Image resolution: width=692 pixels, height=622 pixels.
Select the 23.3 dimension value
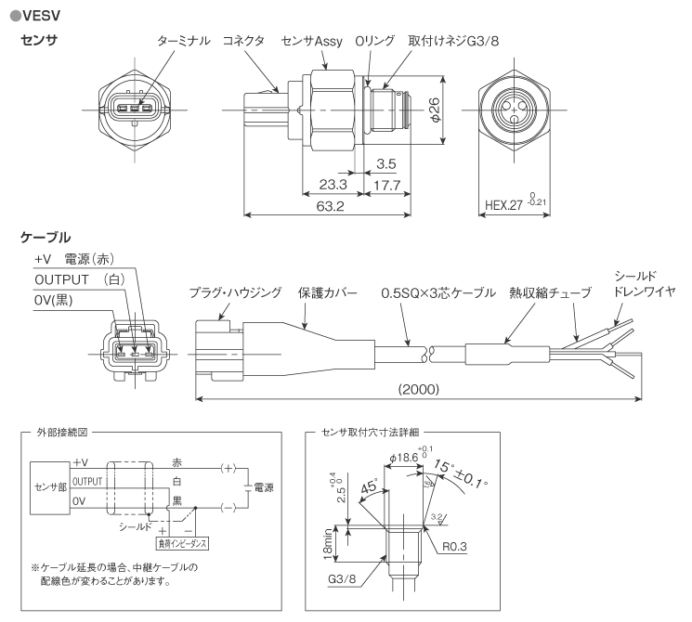[327, 185]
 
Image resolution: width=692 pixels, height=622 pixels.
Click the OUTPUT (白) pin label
[78, 279]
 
